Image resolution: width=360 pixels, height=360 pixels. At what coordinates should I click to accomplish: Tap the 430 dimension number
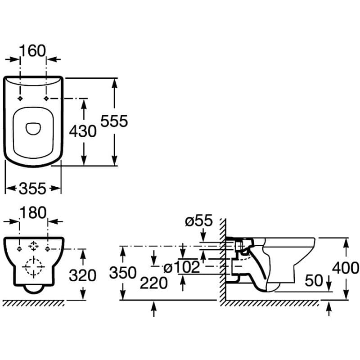(83, 131)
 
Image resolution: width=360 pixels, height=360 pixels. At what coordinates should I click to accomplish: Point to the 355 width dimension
(33, 189)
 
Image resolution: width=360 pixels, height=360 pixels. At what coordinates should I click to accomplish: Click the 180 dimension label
(34, 213)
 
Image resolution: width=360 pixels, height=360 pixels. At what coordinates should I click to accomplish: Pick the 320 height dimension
(83, 275)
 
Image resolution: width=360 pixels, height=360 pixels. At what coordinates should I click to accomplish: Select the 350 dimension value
(122, 273)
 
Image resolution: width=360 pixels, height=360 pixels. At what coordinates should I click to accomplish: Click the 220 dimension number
(154, 283)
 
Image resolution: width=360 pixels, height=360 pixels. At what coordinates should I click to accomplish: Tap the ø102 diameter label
(181, 267)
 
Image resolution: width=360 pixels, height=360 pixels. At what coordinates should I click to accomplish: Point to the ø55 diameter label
(198, 221)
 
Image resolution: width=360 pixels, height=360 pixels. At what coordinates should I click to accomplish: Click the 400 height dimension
(346, 268)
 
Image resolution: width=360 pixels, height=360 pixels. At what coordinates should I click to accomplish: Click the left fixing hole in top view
(20, 98)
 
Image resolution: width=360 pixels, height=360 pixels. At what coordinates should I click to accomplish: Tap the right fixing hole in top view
(47, 98)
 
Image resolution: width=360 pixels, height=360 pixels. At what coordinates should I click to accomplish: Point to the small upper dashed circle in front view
(33, 246)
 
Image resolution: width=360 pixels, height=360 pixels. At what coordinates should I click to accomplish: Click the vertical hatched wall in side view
(222, 261)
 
